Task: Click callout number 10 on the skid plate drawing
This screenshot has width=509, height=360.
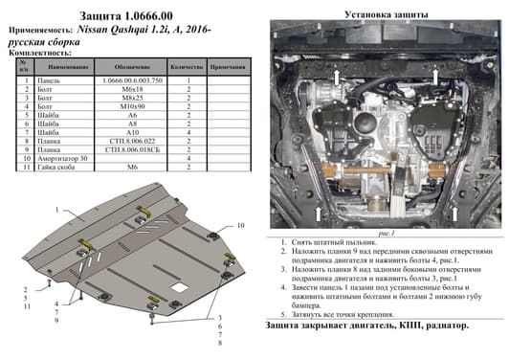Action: pyautogui.click(x=241, y=225)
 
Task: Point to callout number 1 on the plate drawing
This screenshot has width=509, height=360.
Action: pyautogui.click(x=57, y=209)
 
